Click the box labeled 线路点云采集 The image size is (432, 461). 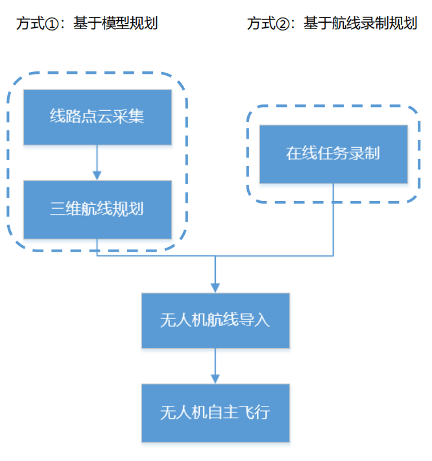[x=97, y=117]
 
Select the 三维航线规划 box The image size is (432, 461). [x=97, y=209]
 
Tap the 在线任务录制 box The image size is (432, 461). [x=333, y=154]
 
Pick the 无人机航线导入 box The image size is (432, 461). [x=215, y=320]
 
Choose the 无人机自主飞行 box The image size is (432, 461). [x=215, y=412]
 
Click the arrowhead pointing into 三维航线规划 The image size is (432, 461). [x=97, y=175]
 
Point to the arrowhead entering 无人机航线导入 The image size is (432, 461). [x=215, y=287]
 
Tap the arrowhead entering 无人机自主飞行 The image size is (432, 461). [x=215, y=378]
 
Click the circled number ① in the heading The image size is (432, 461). [x=52, y=25]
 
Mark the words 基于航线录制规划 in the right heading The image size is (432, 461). [x=360, y=25]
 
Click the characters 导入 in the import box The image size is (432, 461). [x=254, y=320]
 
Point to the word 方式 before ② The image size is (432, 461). [x=261, y=25]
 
